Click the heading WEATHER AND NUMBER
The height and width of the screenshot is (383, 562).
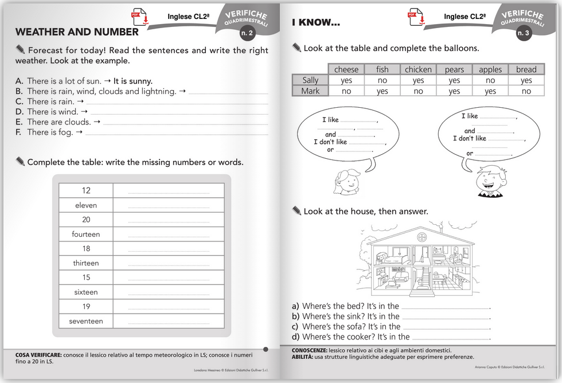77,32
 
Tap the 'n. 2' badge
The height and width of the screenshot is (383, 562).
247,33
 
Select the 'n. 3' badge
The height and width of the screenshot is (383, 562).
523,33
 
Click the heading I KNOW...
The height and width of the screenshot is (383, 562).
316,22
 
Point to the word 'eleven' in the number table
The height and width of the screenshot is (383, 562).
86,205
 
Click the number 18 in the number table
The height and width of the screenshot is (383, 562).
86,248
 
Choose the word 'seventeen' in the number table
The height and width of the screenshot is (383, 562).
86,321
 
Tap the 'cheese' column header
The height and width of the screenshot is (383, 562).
346,69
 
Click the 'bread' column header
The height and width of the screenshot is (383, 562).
526,69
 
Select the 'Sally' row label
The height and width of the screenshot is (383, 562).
310,80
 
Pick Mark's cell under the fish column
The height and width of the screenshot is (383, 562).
383,91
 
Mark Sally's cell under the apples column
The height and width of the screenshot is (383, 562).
490,80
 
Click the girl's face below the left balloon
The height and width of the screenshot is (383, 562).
346,182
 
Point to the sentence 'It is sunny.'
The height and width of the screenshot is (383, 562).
133,81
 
